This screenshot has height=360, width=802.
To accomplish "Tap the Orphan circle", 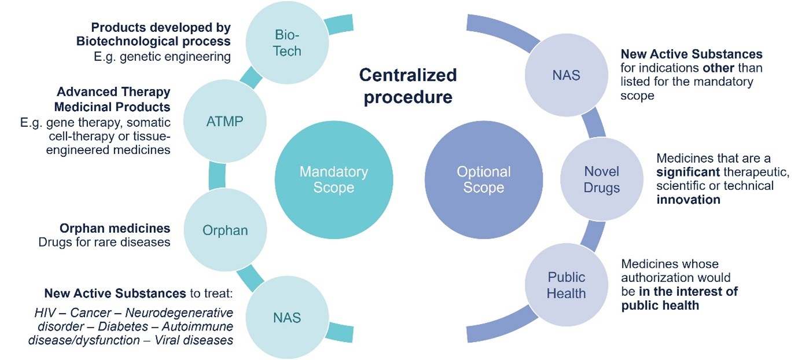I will (x=225, y=230).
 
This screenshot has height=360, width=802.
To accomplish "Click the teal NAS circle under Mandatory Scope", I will (x=287, y=317).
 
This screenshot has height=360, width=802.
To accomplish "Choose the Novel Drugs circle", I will (x=602, y=179).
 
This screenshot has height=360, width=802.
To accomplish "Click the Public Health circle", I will (x=566, y=285).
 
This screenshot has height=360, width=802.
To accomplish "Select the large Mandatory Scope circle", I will (x=333, y=179).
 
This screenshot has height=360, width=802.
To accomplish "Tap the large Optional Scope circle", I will (x=483, y=179).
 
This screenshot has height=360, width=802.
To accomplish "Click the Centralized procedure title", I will (x=407, y=86).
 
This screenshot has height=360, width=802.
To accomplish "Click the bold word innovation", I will (x=688, y=200).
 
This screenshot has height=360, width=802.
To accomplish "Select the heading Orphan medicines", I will (x=115, y=228).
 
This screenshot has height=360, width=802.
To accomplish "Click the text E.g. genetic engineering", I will (x=162, y=56).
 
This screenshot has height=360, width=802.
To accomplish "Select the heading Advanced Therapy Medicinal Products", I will (x=113, y=100).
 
